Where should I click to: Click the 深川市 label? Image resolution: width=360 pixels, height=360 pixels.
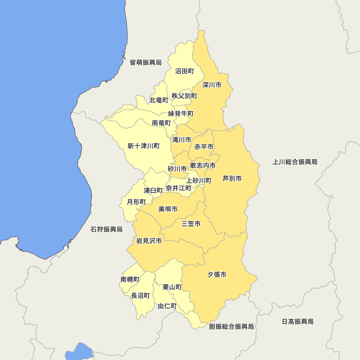click(212, 85)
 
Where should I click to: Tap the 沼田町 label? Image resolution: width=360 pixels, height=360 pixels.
click(185, 71)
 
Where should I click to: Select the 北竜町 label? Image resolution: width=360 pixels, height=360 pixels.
click(159, 100)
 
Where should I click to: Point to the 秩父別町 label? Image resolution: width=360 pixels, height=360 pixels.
click(185, 96)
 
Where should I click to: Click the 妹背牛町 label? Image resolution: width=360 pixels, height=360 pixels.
click(181, 114)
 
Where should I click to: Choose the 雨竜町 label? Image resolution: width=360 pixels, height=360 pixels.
click(161, 123)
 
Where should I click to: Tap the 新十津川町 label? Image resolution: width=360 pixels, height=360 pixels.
click(144, 146)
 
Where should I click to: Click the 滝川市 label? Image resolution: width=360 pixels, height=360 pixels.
click(182, 140)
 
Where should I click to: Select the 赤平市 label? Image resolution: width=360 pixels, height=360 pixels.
click(204, 147)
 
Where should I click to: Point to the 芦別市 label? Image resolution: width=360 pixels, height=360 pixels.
click(232, 178)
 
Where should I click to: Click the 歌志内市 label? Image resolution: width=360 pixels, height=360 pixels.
click(203, 166)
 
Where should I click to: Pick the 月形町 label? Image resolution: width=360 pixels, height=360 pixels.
click(136, 202)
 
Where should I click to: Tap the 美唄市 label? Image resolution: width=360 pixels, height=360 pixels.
click(168, 209)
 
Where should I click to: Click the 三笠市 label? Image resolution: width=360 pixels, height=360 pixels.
click(191, 224)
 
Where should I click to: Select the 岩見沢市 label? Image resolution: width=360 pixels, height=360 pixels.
click(149, 241)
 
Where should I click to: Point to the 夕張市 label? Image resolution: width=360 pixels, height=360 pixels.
click(217, 275)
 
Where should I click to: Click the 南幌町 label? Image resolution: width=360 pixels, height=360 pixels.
click(130, 279)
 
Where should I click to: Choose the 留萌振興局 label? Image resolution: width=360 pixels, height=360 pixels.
click(146, 63)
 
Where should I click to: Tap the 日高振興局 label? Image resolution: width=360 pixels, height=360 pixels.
click(298, 321)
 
